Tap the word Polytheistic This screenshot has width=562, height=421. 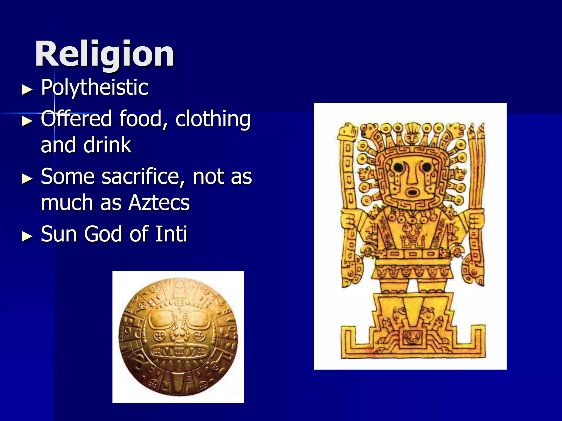point(94,87)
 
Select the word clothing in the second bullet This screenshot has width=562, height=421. point(213,119)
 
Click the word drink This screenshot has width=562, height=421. point(107,145)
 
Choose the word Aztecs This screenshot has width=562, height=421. point(159,203)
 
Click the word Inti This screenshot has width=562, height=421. point(171,234)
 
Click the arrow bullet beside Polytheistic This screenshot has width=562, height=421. point(27,89)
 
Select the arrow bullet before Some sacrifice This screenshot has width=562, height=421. point(27,178)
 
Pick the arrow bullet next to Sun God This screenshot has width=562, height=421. point(27,236)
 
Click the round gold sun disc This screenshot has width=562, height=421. point(178,337)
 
